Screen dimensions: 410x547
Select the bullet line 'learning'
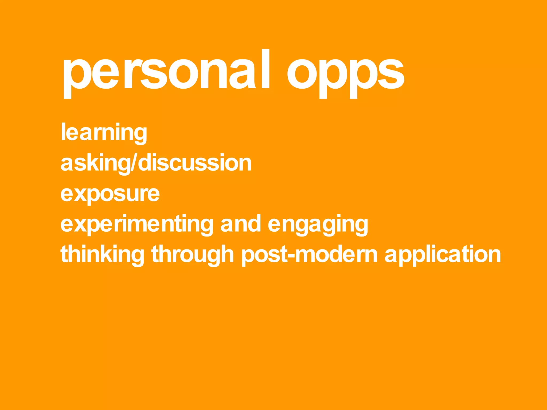[x=104, y=132]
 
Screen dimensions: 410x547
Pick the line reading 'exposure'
[x=110, y=194]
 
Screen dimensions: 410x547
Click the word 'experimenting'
[x=137, y=224]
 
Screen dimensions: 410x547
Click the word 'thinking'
[x=102, y=255]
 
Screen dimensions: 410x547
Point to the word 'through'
[x=193, y=255]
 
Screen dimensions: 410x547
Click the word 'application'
[x=443, y=255]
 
